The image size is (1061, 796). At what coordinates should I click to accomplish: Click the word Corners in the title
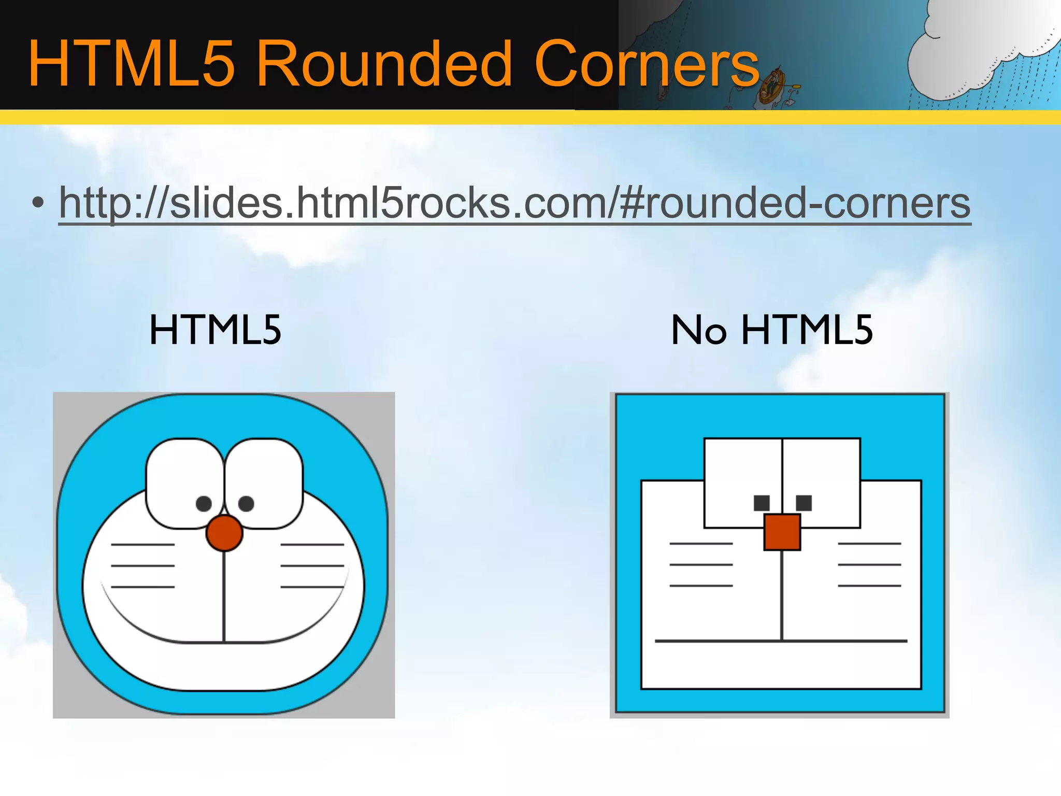tap(646, 65)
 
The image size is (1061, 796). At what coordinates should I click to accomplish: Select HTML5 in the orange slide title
tap(132, 65)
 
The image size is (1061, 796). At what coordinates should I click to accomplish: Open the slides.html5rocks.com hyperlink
tap(514, 203)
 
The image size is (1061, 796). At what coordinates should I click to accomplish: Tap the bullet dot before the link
tap(37, 204)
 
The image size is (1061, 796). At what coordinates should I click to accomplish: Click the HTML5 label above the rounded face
tap(215, 330)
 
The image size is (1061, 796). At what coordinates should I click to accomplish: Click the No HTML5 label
tap(772, 330)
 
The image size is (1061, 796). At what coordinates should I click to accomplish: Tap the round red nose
tap(224, 533)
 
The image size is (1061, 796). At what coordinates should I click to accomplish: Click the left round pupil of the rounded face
tap(204, 503)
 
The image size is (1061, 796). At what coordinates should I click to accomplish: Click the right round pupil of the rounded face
tap(246, 503)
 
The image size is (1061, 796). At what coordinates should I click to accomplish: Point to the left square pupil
tap(762, 503)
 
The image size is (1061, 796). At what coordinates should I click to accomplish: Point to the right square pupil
tap(804, 503)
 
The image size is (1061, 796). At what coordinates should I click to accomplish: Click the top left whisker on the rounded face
tap(142, 545)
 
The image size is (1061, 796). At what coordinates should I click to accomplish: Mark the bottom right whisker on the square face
tap(870, 586)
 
